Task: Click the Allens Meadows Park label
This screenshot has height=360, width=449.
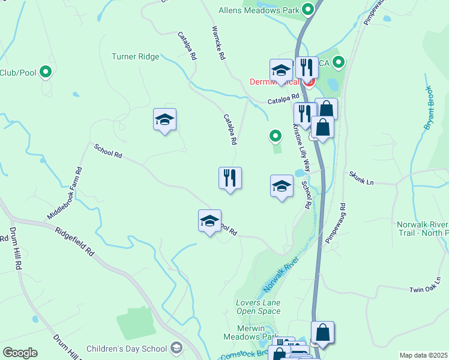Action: point(267,10)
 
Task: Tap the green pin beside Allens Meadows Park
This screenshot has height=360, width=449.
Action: point(309,10)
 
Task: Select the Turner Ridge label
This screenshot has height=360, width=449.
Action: point(136,57)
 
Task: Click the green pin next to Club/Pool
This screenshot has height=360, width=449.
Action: point(45,73)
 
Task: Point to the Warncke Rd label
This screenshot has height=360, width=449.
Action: point(218,43)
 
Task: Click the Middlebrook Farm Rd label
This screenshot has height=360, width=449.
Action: point(64,193)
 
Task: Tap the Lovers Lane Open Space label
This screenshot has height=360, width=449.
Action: point(258,307)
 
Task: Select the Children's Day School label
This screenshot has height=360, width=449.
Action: point(127,349)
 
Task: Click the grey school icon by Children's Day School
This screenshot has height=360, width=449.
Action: point(176,348)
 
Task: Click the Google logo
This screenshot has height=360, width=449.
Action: point(20,353)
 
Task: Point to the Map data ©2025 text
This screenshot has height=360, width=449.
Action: point(423,355)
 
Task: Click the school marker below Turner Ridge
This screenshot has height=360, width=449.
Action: point(164,119)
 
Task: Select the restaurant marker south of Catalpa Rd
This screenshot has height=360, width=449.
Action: point(230,178)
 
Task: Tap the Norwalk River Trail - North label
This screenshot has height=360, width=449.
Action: point(422,229)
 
